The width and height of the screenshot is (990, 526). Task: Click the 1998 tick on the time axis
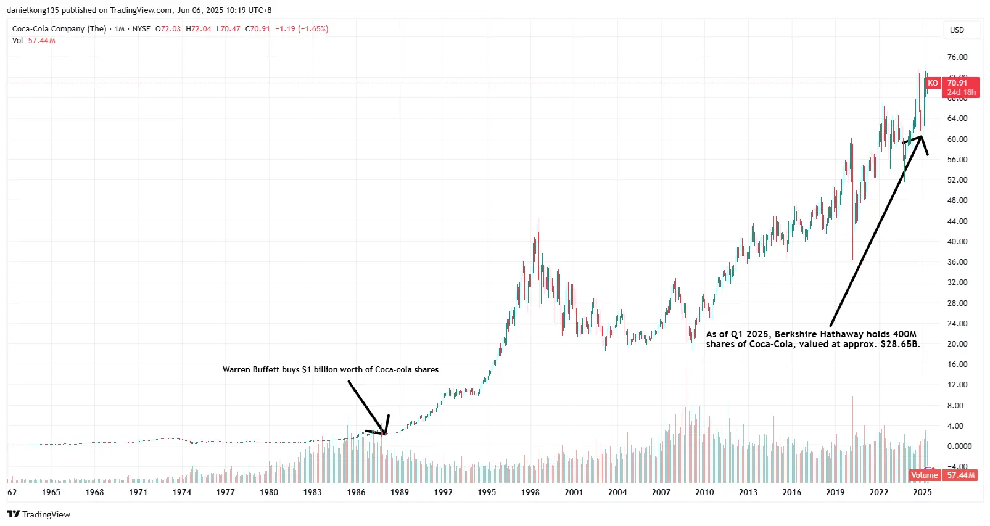(530, 492)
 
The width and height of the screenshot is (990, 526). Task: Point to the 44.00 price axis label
(957, 221)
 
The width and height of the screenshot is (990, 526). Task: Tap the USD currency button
(957, 30)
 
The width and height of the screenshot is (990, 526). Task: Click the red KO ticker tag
(933, 83)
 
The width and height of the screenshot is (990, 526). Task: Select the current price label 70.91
(957, 83)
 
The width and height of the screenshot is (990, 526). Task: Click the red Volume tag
(924, 475)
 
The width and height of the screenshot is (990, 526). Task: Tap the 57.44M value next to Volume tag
(961, 475)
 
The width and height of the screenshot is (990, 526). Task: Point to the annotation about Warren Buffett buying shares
(330, 370)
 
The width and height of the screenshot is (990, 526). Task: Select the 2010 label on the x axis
(704, 492)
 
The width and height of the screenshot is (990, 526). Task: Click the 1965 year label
(51, 492)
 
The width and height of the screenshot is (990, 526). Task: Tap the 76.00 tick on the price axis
(957, 57)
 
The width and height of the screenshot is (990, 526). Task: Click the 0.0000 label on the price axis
(959, 446)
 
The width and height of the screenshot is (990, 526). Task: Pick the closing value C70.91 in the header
(257, 29)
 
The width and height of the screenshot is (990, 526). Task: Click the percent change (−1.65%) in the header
(313, 29)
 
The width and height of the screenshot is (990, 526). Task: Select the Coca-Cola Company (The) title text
(59, 29)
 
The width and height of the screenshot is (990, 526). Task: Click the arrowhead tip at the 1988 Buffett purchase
(385, 435)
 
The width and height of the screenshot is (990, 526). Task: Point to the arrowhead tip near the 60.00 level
(922, 136)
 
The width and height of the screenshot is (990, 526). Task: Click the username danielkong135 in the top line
(33, 10)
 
